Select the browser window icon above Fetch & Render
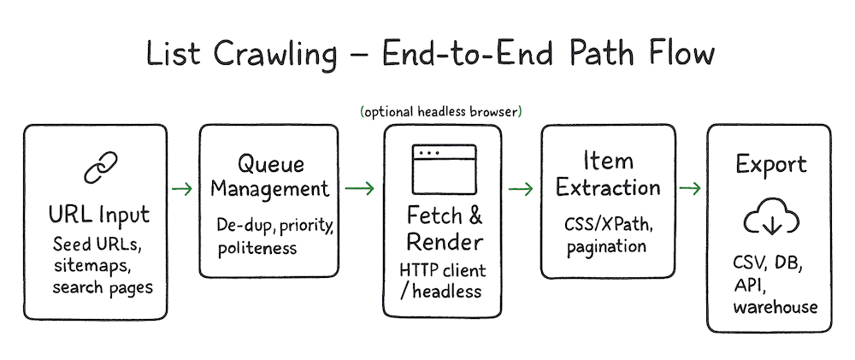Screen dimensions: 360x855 tap(444, 170)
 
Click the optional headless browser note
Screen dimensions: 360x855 tap(442, 111)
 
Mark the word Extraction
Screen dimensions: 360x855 tap(608, 187)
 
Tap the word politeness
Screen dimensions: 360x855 tap(257, 248)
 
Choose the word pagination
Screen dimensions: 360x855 tap(606, 246)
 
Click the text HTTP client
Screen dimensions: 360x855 tap(443, 270)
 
